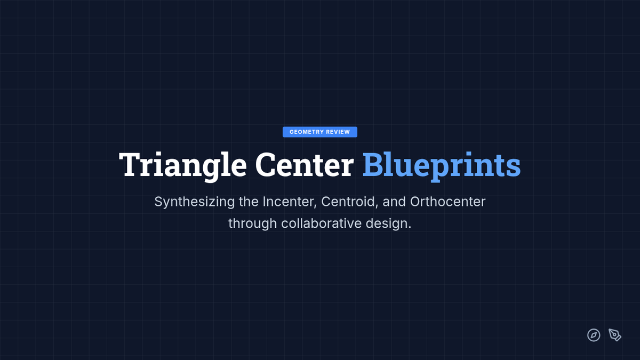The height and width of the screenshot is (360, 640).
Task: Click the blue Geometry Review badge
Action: pos(319,132)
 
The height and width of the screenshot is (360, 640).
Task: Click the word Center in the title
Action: pos(305,165)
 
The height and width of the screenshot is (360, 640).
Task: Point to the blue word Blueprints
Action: pos(442,166)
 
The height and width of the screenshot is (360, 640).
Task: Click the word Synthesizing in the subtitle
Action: pos(195,202)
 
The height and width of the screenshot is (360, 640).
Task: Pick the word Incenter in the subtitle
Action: pos(290,202)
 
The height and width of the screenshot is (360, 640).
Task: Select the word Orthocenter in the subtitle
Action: pos(447,202)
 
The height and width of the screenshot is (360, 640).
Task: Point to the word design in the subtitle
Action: pos(388,224)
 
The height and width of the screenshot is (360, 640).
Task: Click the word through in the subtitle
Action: pos(253,224)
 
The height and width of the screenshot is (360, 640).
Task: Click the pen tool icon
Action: pos(615,335)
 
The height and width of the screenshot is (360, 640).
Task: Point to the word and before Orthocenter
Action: pos(394,202)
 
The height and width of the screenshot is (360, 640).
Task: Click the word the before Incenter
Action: pos(249,202)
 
